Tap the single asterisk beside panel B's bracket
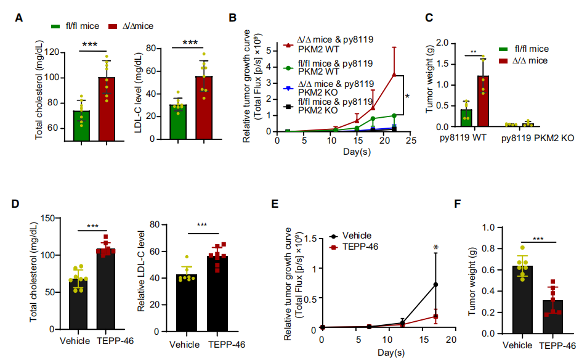pyautogui.click(x=408, y=96)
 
